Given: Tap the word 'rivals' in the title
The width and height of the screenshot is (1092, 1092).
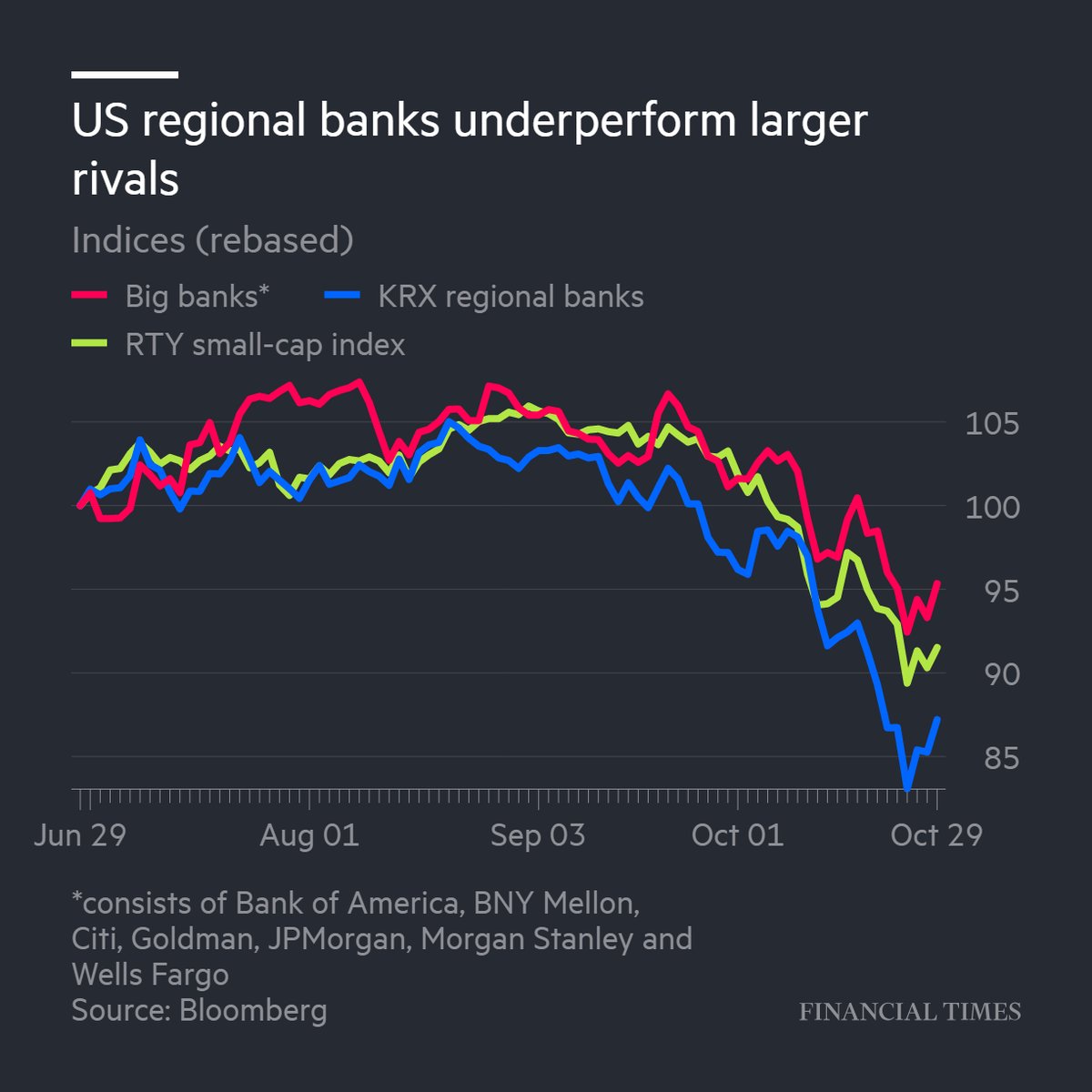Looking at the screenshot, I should [x=126, y=178].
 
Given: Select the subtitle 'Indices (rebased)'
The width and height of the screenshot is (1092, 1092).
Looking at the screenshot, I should [x=212, y=240].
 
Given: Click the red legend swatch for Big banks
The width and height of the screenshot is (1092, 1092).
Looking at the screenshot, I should [x=90, y=296].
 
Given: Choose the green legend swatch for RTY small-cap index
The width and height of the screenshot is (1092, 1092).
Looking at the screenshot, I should [x=90, y=345].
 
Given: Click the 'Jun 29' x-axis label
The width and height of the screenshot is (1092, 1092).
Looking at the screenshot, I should [x=79, y=835].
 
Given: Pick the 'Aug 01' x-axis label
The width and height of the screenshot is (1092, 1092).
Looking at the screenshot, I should [x=309, y=835].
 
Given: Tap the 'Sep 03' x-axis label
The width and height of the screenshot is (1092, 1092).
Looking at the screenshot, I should [x=538, y=835].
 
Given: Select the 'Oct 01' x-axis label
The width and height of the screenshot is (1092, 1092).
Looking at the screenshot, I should [x=737, y=835].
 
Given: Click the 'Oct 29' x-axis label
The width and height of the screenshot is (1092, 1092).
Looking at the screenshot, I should [x=936, y=835].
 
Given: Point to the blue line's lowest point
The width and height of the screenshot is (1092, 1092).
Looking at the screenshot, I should [x=906, y=787].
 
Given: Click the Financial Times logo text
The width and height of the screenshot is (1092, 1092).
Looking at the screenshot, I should [x=910, y=1012].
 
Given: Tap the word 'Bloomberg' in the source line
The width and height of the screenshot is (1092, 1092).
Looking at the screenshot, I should [x=253, y=1010].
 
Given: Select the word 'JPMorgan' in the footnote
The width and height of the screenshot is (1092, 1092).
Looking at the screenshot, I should [x=336, y=938].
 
